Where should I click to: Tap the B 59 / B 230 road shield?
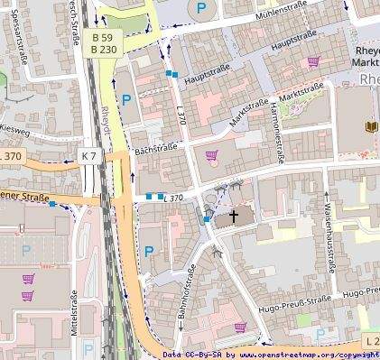104,43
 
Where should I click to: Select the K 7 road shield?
88,156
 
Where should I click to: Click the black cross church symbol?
235,217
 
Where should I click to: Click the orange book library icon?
370,126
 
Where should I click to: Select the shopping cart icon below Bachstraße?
211,155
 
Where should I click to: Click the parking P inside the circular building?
200,8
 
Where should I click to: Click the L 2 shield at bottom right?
371,340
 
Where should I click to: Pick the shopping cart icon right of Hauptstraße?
313,62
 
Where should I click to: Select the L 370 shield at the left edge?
10,156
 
